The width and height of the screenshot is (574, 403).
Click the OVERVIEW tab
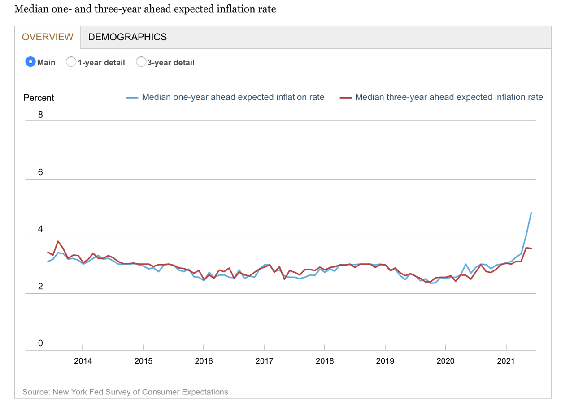[x=48, y=37]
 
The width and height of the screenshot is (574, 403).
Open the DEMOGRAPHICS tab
[x=127, y=37]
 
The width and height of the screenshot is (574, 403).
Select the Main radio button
[x=30, y=62]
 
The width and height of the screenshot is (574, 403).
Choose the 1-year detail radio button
[x=71, y=62]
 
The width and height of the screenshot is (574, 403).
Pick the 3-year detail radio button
[x=141, y=62]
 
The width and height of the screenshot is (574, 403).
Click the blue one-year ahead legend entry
[x=233, y=97]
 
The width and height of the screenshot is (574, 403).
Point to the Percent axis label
[x=39, y=98]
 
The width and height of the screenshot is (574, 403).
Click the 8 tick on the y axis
[x=40, y=115]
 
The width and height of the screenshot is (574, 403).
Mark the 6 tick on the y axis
[x=40, y=172]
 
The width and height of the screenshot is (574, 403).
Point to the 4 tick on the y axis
[x=40, y=229]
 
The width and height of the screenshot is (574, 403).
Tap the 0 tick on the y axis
[x=40, y=343]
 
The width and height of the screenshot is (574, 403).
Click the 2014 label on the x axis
[x=83, y=361]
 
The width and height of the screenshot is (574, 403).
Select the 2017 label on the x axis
[x=264, y=361]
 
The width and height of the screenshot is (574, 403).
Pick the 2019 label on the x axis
[x=385, y=361]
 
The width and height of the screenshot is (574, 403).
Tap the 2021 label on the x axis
[x=506, y=361]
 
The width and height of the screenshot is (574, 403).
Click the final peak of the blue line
[x=531, y=213]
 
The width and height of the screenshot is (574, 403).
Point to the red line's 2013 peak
[x=58, y=241]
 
